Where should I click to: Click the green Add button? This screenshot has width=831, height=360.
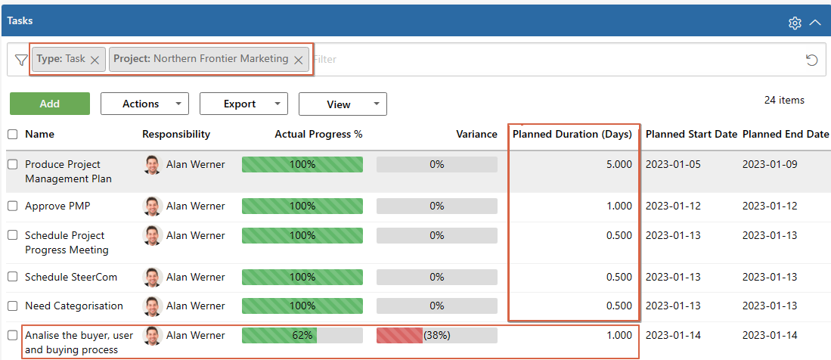[50, 104]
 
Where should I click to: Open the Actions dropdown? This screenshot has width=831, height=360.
[144, 104]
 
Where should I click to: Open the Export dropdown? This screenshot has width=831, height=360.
[243, 104]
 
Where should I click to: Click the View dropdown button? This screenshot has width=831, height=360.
[343, 104]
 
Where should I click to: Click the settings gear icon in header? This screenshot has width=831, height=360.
[795, 23]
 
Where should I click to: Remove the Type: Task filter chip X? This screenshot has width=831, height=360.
[95, 60]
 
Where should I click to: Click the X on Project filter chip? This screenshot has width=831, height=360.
[299, 60]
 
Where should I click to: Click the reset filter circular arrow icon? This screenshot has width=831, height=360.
[812, 60]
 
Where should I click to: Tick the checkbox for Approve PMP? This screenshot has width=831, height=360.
[13, 206]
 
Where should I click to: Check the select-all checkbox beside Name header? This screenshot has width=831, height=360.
[13, 135]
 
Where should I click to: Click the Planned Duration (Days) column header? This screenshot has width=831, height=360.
[572, 135]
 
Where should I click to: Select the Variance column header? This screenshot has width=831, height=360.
[476, 135]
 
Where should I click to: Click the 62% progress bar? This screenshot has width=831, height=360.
[302, 335]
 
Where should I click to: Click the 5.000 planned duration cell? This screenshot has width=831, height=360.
[619, 165]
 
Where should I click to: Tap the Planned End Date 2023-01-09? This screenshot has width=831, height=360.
[770, 165]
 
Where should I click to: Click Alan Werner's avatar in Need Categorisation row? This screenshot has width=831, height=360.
[153, 306]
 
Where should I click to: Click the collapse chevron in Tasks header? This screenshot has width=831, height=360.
[815, 23]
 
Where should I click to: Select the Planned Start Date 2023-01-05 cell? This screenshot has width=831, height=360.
[673, 165]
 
